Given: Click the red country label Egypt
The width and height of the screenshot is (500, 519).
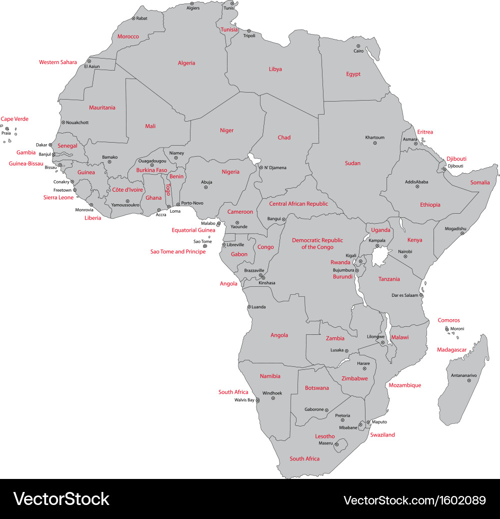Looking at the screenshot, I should (x=353, y=74).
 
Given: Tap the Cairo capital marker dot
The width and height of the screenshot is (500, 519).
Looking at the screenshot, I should (x=359, y=46).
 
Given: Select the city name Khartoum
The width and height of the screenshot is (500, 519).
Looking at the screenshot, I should (x=374, y=138).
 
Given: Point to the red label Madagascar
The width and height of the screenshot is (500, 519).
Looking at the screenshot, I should (x=451, y=350).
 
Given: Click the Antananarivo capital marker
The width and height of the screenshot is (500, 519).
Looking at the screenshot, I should (x=469, y=381).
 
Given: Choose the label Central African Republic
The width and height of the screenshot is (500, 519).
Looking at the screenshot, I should (x=298, y=204).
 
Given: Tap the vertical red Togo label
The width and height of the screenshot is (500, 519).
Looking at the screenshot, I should (x=168, y=191).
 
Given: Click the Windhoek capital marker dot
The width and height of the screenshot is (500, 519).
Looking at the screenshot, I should (x=273, y=398).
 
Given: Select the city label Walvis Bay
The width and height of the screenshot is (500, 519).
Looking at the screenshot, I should (x=244, y=400).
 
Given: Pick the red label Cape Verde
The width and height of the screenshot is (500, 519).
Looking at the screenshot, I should (x=14, y=119).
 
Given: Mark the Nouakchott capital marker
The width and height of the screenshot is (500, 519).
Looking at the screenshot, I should (x=63, y=122).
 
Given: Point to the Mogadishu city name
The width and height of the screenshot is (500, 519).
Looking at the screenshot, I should (x=455, y=229).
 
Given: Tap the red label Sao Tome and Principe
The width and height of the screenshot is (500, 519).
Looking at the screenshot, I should (x=178, y=252).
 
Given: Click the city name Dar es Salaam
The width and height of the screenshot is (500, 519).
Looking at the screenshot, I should (x=404, y=295).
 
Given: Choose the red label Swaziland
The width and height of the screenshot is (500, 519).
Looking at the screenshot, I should (x=382, y=435).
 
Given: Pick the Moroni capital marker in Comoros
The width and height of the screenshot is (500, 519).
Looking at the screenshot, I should (x=447, y=329).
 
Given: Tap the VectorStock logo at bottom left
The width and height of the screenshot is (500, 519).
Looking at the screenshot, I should (x=61, y=499).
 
